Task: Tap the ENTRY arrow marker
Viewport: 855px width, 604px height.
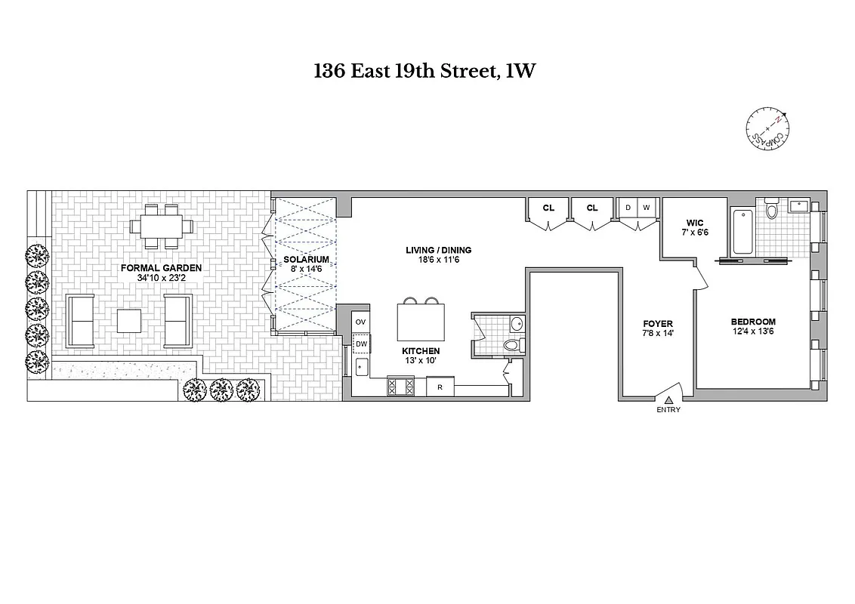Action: click(668, 400)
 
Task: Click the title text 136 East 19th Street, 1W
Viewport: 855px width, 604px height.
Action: click(427, 72)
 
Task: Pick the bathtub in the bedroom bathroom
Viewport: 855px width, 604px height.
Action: click(742, 230)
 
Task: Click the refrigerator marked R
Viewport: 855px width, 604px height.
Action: click(439, 387)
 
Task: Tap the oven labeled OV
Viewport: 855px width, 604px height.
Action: click(360, 322)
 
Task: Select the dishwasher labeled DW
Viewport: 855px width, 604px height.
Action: click(361, 344)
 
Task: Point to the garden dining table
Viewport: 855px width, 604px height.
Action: click(162, 225)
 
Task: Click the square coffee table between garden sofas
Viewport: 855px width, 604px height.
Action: click(130, 320)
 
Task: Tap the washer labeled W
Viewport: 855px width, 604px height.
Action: click(647, 208)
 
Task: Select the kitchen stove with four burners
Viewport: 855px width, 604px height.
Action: click(400, 386)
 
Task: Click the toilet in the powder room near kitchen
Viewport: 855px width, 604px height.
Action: click(513, 346)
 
